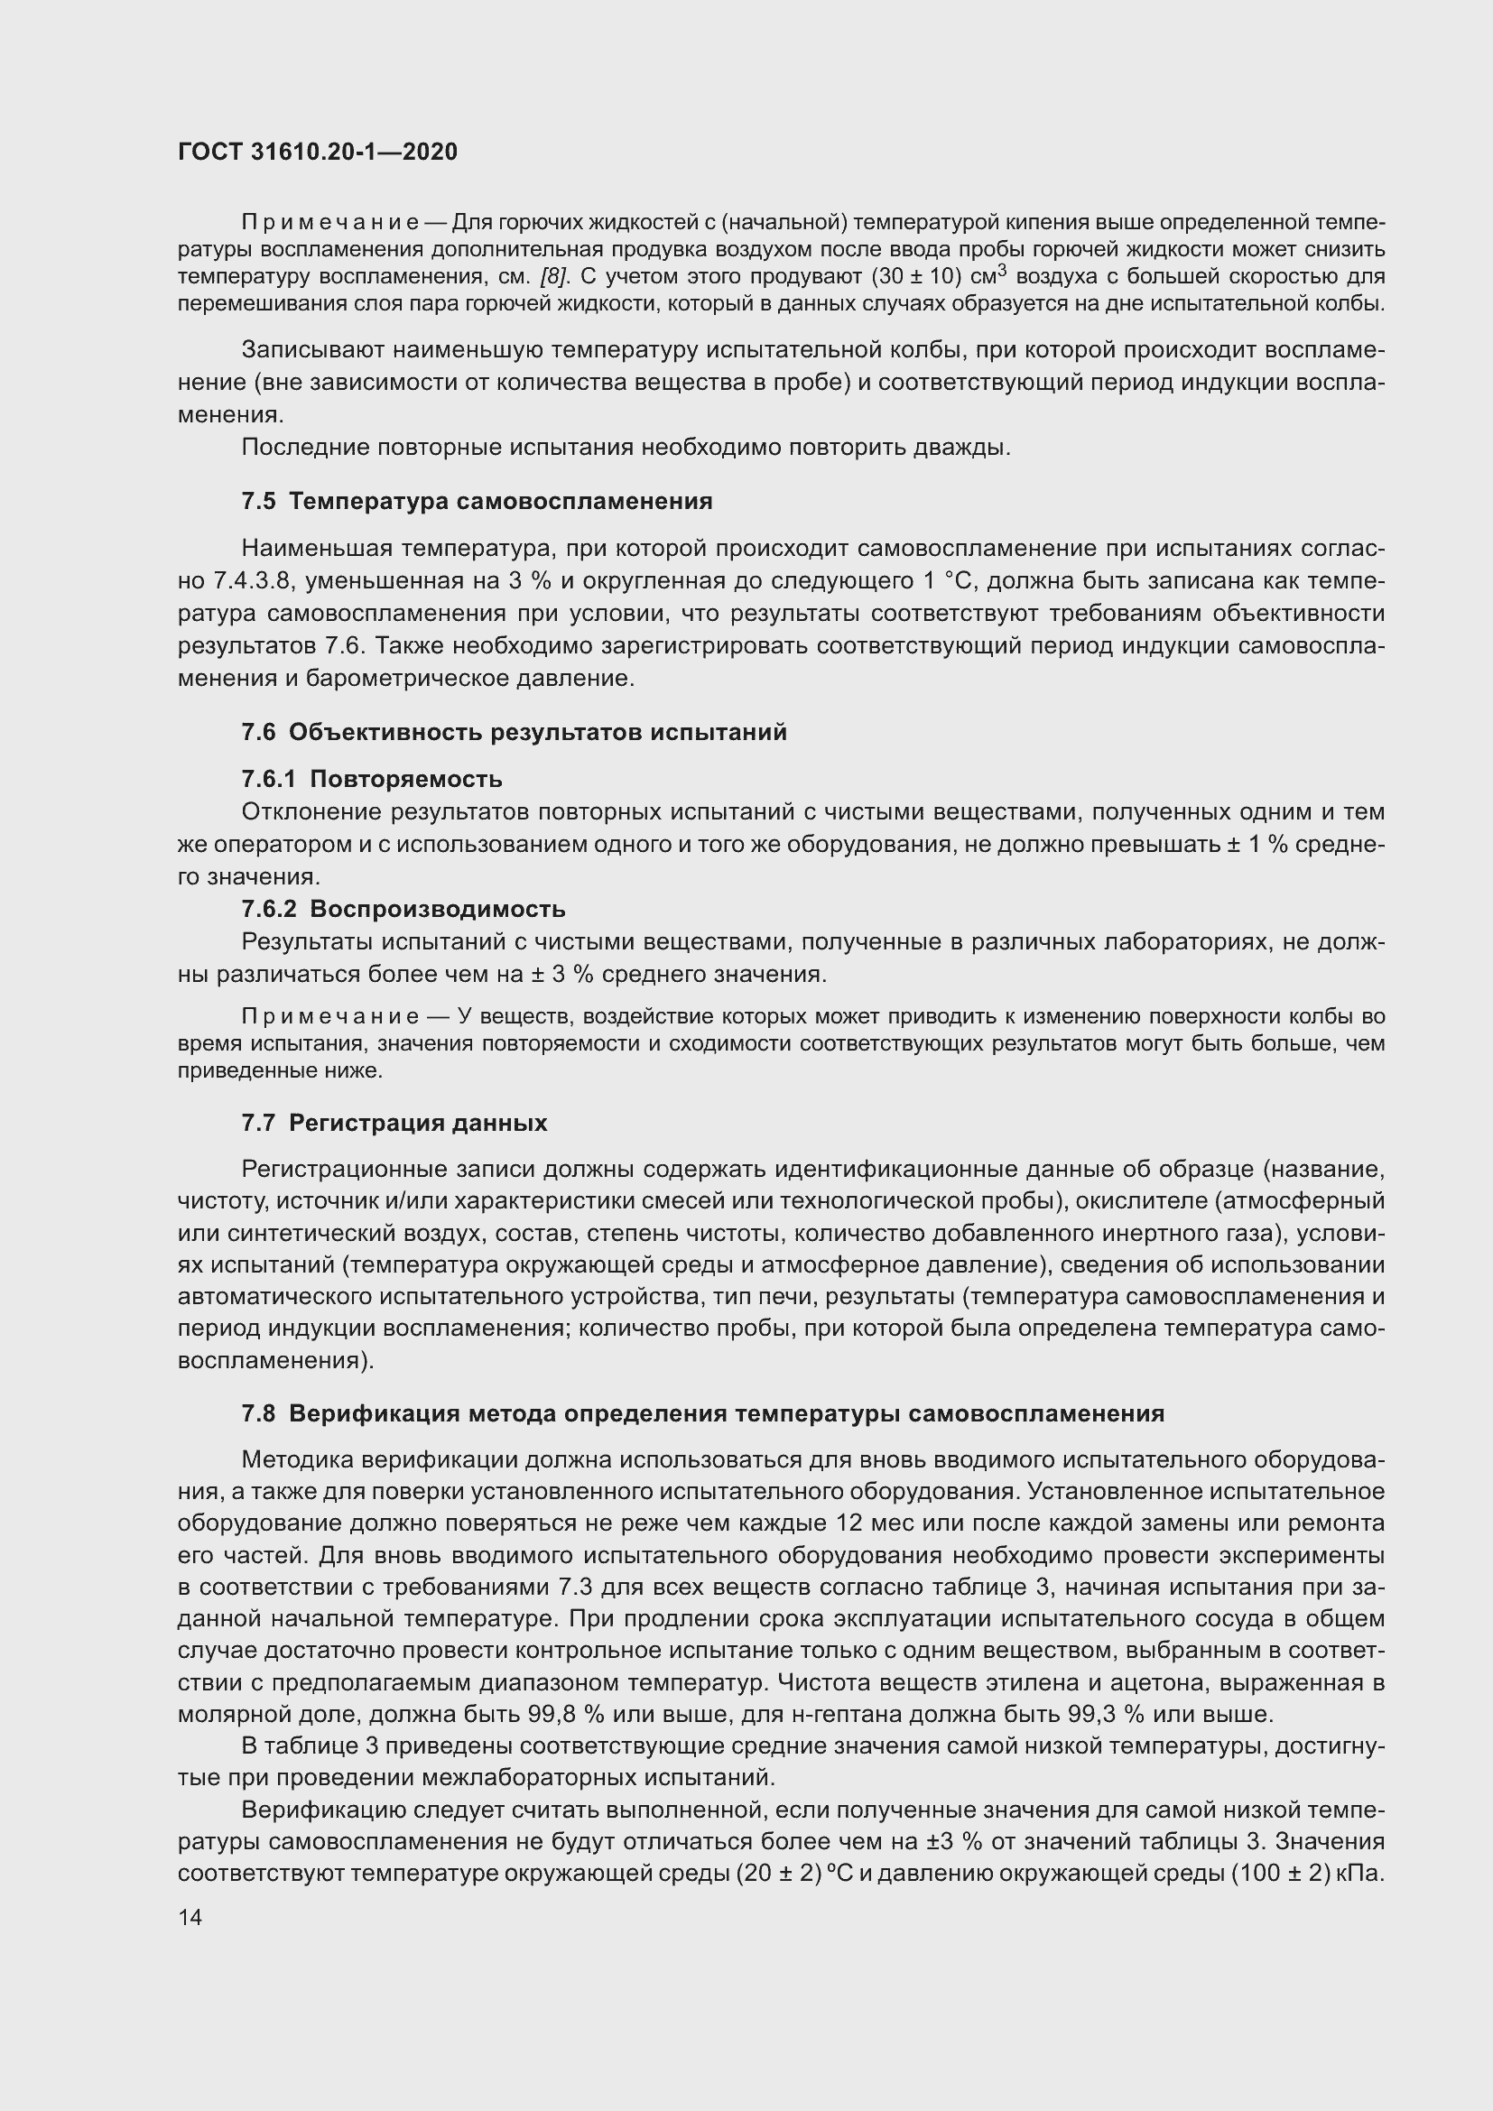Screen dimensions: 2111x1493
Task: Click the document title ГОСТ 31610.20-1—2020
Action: tap(317, 153)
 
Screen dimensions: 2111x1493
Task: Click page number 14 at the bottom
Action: tap(190, 1917)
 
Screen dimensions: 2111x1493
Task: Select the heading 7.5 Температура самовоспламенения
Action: tap(477, 501)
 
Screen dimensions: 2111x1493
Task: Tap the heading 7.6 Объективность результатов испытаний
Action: tap(514, 732)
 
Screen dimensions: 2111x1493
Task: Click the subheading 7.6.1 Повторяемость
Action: tap(371, 779)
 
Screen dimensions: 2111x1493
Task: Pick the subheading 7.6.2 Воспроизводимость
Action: tap(403, 909)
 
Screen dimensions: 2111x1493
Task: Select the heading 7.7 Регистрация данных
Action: tap(394, 1123)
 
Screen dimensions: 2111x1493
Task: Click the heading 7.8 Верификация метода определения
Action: tap(702, 1413)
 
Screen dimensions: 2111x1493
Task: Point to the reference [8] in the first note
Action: tap(554, 277)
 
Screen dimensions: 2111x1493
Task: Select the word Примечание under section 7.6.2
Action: tap(331, 1016)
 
